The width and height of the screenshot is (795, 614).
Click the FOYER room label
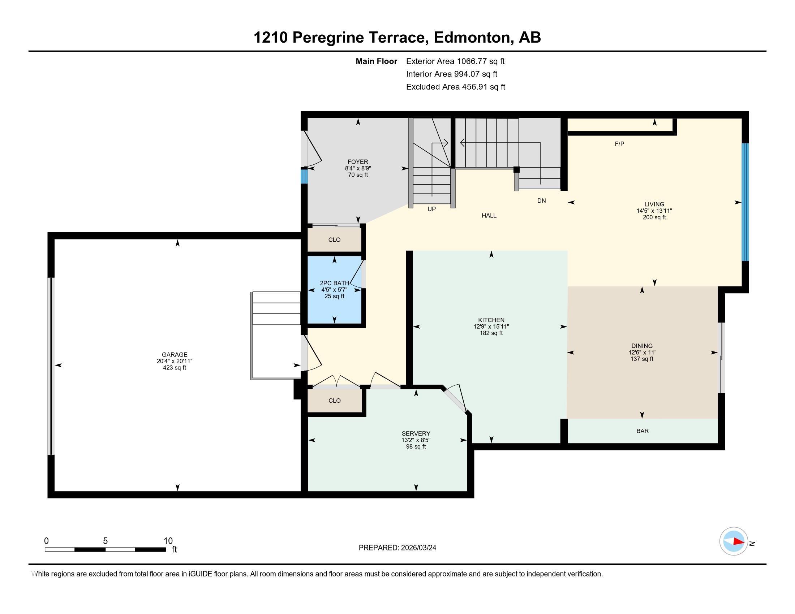358,162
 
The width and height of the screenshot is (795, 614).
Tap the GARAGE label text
175,355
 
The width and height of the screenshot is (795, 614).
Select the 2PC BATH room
335,290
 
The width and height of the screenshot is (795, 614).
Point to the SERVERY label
416,433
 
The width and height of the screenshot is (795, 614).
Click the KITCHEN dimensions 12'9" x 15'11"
491,327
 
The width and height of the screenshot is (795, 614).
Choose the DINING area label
642,346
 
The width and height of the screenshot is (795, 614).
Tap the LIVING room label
654,204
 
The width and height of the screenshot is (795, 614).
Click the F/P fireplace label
619,144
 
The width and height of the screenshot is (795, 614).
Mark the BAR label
643,431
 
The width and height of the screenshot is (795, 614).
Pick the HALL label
489,216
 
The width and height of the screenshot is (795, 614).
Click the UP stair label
431,209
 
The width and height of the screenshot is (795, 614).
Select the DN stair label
541,201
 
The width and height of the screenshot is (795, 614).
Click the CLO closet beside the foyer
335,240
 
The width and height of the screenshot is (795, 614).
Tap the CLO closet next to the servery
335,401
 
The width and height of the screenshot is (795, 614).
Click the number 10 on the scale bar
168,541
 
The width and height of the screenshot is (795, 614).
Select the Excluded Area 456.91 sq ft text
456,87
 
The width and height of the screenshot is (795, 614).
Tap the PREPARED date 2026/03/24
418,548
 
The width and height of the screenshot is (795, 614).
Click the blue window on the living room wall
745,202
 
